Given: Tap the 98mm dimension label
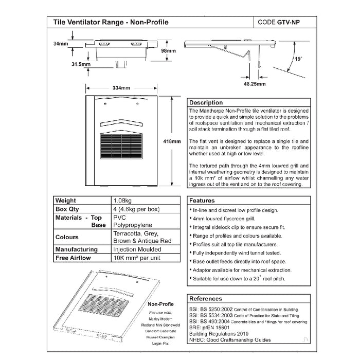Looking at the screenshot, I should click(x=168, y=51).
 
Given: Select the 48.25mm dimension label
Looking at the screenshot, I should click(x=255, y=83).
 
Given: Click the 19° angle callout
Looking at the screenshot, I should click(x=299, y=59).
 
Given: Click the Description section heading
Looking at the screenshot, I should click(x=206, y=102).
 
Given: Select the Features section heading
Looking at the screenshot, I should click(x=202, y=201).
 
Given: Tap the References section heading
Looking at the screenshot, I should click(x=206, y=298).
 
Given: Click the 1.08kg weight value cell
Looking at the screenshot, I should click(x=123, y=201).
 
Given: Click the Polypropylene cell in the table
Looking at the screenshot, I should click(x=131, y=225).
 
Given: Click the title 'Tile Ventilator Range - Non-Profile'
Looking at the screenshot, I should click(x=111, y=23).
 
